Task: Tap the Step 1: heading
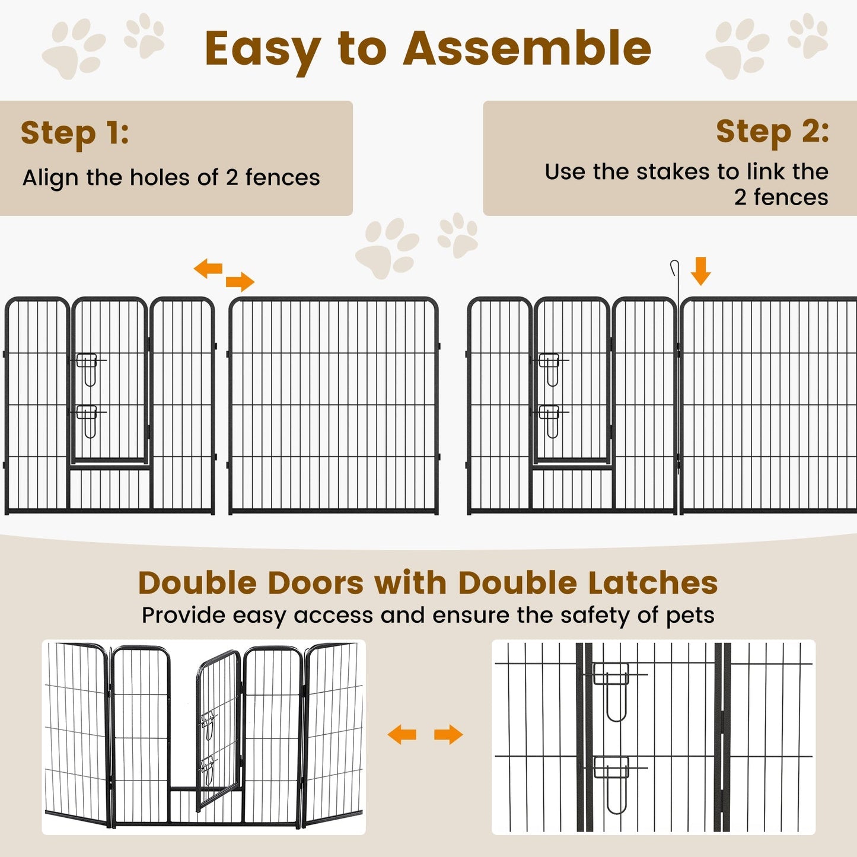click(75, 133)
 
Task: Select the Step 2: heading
click(772, 131)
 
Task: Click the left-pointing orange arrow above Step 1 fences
click(208, 268)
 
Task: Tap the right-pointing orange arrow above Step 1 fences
click(240, 282)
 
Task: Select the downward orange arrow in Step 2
click(700, 271)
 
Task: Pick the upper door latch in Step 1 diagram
click(88, 368)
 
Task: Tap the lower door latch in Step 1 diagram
click(88, 420)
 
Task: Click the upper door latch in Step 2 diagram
click(550, 368)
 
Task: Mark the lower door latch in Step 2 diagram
click(550, 420)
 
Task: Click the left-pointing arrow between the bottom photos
click(402, 735)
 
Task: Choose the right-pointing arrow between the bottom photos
click(448, 735)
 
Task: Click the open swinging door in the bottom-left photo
click(217, 729)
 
